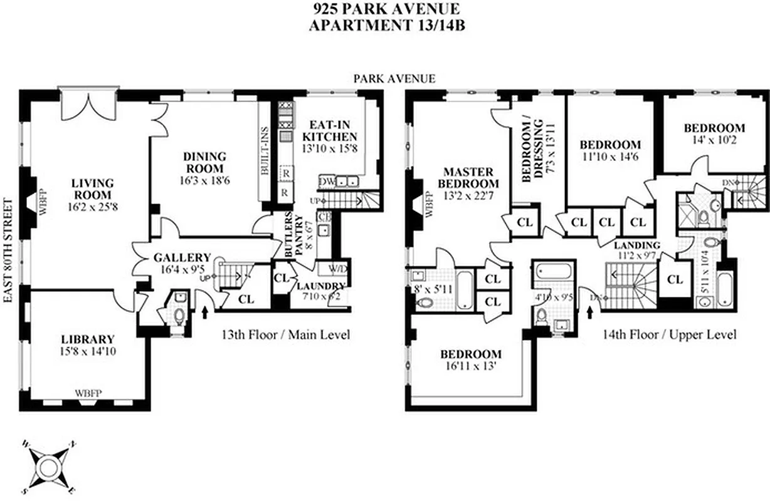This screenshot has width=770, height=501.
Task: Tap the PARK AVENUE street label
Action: pos(394,78)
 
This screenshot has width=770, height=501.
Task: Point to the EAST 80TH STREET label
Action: pos(8,250)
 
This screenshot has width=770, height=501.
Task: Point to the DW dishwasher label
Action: pos(326,182)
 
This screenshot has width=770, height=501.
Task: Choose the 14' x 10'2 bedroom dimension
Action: pos(714,140)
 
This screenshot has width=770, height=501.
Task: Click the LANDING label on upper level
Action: pos(637,245)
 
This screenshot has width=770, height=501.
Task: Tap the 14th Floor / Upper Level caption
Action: pos(670,335)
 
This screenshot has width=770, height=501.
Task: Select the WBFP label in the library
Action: pos(88,393)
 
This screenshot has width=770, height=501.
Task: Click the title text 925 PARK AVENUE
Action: pos(385,9)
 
